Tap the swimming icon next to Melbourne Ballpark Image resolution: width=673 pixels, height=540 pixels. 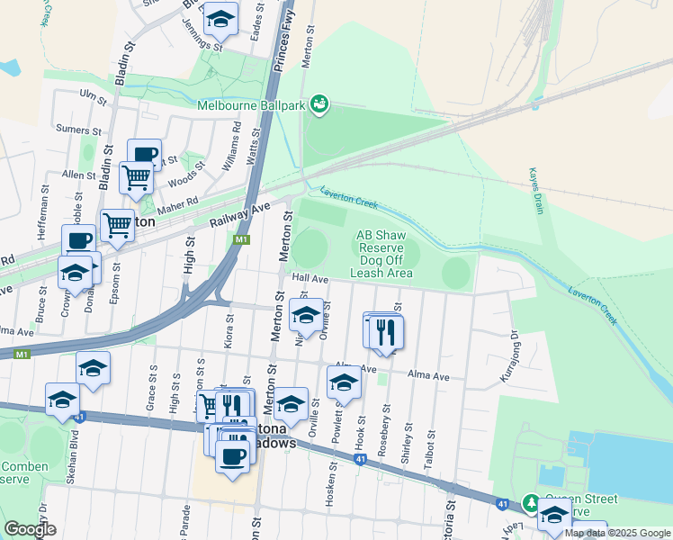pyautogui.click(x=319, y=106)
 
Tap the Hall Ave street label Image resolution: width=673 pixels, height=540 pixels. pyautogui.click(x=309, y=279)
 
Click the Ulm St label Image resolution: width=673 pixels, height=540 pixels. pyautogui.click(x=93, y=93)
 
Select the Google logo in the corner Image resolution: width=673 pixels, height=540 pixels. pyautogui.click(x=30, y=529)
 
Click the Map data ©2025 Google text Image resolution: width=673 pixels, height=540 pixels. pyautogui.click(x=617, y=533)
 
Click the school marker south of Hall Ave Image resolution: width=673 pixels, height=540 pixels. pyautogui.click(x=306, y=315)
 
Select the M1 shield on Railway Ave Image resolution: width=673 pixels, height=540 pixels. pyautogui.click(x=240, y=240)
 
